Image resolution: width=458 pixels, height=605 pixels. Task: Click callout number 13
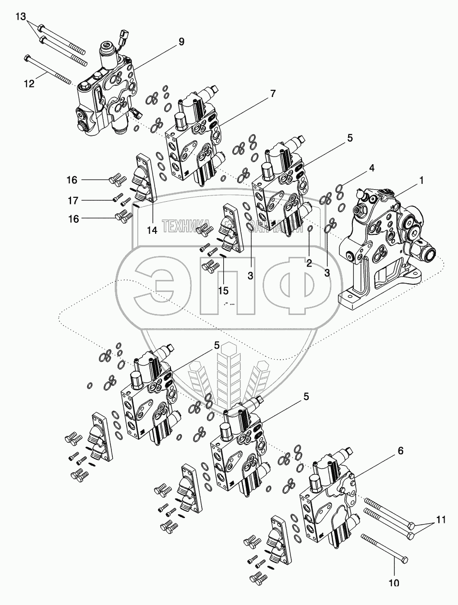(21, 17)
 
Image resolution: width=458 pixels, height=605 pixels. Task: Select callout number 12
(29, 83)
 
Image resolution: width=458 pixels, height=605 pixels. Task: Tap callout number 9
(181, 42)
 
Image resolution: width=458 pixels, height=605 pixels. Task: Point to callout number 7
(272, 94)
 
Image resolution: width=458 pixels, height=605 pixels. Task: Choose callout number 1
(421, 181)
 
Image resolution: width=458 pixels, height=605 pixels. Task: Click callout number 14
(152, 230)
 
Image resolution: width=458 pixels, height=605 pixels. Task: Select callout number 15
(223, 290)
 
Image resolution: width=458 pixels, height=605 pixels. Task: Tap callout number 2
(309, 263)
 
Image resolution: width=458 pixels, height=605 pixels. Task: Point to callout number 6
(400, 451)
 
